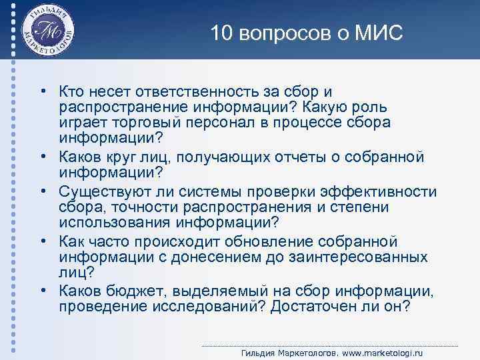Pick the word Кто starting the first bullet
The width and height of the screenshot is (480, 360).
(71, 91)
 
